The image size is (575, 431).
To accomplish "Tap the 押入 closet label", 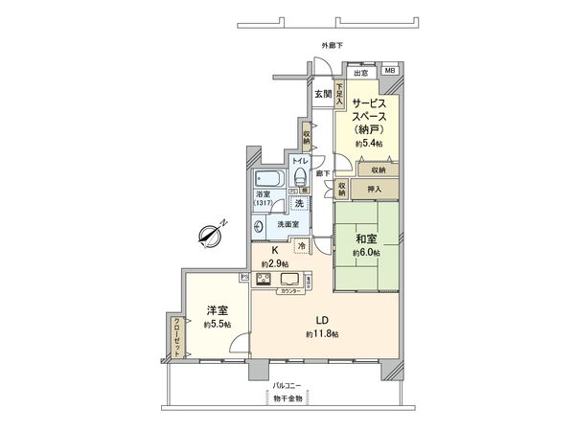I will click(374, 190).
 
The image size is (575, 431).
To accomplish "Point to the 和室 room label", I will click(365, 239).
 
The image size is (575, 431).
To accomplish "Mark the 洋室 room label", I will click(216, 310).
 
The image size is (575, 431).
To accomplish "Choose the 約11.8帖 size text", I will click(324, 333).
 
